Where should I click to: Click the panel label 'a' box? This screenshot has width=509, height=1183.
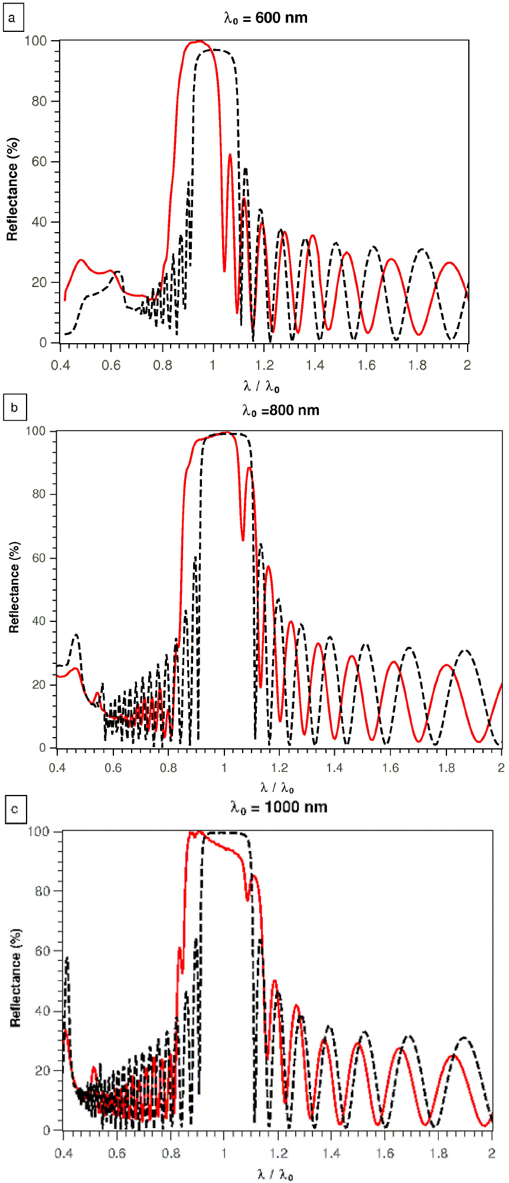pos(13,19)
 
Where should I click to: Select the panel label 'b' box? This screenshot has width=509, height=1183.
pos(14,408)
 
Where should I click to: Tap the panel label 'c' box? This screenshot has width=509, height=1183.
pos(15,809)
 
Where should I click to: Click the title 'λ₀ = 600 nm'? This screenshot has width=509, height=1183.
pos(266,18)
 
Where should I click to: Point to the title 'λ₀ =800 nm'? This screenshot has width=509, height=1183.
pos(280,410)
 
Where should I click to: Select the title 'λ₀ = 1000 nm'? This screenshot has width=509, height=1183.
pos(279,807)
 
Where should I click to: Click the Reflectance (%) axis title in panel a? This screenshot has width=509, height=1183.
pos(12,189)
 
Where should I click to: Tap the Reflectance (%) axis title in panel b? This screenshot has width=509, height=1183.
pos(14,587)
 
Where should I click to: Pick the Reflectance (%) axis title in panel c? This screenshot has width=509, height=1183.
pos(15,977)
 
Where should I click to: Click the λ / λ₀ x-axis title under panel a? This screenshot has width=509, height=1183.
pos(261,386)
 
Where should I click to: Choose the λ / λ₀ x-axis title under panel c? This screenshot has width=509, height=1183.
pos(275,1174)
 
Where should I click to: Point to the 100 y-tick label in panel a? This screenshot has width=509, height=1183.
pos(35,41)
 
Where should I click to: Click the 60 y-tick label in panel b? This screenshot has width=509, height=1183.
pos(39,558)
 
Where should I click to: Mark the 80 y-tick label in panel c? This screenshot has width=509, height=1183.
pos(43,891)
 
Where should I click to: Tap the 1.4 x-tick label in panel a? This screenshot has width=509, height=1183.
pos(315,364)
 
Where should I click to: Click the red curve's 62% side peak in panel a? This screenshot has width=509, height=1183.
pos(230,155)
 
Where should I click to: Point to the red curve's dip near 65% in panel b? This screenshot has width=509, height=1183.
pos(243,539)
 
